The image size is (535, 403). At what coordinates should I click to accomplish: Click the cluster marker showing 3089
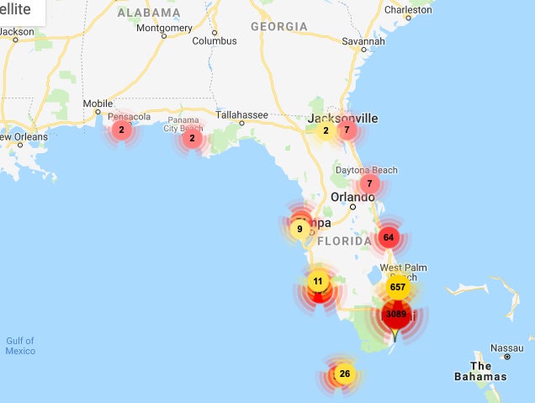click(395, 314)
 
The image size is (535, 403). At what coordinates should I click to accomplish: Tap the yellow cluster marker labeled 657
click(398, 287)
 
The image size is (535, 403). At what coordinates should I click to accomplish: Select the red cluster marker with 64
click(388, 237)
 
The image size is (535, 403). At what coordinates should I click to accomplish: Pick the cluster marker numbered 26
click(343, 374)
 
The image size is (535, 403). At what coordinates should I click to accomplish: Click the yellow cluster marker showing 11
click(317, 281)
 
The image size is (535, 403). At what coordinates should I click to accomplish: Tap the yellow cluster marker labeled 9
click(299, 228)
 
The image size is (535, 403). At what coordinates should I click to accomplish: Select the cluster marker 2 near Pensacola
click(121, 130)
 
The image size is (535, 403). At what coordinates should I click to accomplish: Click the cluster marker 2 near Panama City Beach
click(192, 138)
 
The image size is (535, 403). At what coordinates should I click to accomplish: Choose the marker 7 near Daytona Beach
click(368, 183)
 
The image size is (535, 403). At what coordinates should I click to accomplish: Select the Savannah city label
click(363, 40)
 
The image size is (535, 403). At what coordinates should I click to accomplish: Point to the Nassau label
click(507, 347)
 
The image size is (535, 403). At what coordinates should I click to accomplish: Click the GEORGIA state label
click(278, 27)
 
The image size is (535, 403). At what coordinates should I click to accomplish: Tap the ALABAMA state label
click(149, 13)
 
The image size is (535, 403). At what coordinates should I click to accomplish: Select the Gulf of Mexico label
click(20, 345)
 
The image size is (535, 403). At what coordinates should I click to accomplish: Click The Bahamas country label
click(480, 371)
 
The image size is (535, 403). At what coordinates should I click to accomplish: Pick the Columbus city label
click(214, 40)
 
